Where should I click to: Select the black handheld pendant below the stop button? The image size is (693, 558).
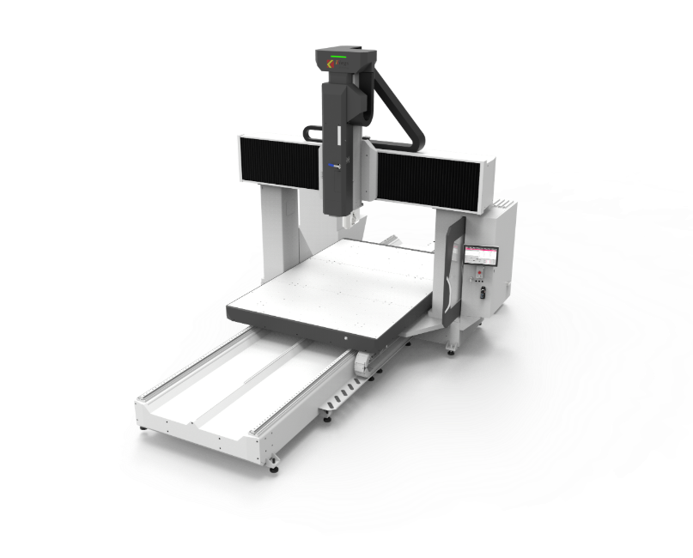pos(483,292)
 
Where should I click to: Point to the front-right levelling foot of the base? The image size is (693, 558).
pos(274,466)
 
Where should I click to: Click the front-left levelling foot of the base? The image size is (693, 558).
pos(143,428)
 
